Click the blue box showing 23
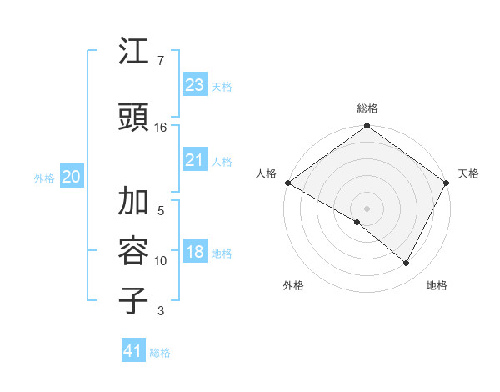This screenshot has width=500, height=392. (194, 85)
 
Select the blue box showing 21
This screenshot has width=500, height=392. (194, 160)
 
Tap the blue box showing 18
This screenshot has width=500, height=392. (194, 253)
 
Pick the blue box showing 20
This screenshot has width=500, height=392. (72, 177)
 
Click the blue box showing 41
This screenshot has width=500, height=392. (133, 351)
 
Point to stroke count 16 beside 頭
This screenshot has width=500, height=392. (161, 127)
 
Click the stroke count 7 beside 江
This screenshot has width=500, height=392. (160, 61)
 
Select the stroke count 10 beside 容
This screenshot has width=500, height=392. (161, 261)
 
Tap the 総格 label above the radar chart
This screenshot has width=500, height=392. (367, 108)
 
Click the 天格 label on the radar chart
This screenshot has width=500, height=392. (468, 173)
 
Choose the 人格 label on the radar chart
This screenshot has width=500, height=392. (266, 173)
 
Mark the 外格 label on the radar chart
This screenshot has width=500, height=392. (293, 285)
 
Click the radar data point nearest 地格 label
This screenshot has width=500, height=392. (407, 264)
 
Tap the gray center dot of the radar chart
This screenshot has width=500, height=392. (367, 208)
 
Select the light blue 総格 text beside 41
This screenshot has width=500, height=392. (160, 353)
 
